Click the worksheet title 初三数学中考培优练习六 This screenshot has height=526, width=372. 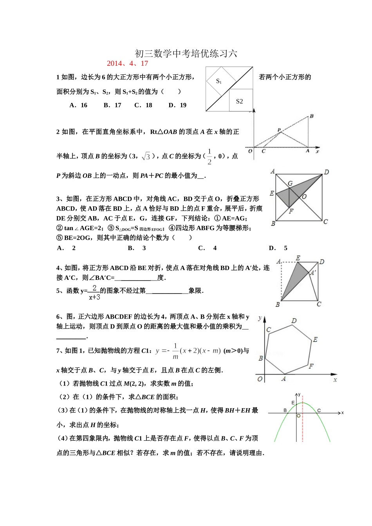[x=186, y=53]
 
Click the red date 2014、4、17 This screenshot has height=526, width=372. [x=127, y=63]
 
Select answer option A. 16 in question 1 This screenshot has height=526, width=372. [x=78, y=105]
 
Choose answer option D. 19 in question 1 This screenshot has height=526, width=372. [x=177, y=105]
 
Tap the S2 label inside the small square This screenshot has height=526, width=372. [x=239, y=101]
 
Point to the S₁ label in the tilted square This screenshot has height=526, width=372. [x=219, y=81]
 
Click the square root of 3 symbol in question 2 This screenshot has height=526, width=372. [x=146, y=156]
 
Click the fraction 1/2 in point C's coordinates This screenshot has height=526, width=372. [x=209, y=156]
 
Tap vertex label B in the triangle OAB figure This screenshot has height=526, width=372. [x=312, y=116]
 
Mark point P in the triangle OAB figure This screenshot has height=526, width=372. [x=279, y=130]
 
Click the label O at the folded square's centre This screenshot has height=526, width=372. [x=304, y=196]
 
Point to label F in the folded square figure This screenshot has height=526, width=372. [x=291, y=211]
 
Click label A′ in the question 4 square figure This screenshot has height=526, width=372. [x=313, y=273]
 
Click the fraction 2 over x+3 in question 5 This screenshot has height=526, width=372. [x=94, y=292]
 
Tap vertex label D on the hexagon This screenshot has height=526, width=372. [x=294, y=321]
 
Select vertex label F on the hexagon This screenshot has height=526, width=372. [x=311, y=366]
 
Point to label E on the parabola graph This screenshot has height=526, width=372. [x=293, y=402]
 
